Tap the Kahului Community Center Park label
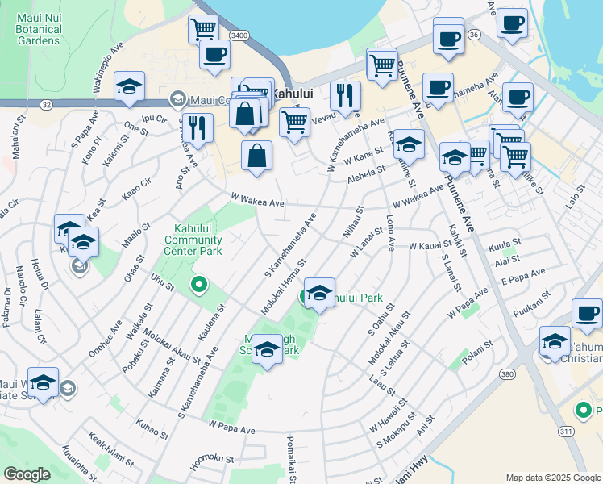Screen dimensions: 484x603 (x=193, y=240)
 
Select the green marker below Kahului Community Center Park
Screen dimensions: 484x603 (x=198, y=285)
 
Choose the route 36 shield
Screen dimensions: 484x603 (x=474, y=35)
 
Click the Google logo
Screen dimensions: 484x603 (x=27, y=474)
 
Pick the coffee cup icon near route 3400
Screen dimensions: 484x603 (x=214, y=54)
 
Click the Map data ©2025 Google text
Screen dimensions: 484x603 (x=552, y=478)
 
